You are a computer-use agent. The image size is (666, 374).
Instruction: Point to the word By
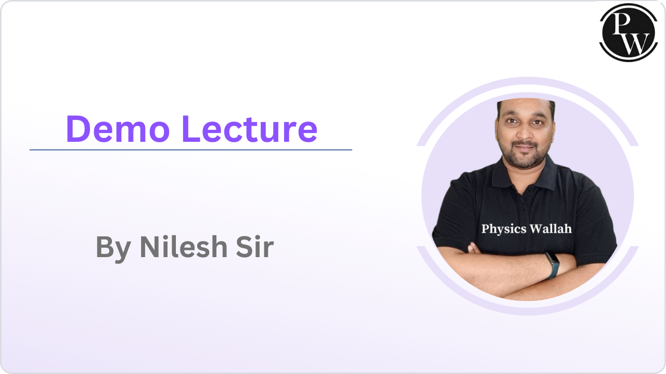pyautogui.click(x=113, y=248)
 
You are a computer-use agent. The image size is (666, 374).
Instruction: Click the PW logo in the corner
pyautogui.click(x=629, y=31)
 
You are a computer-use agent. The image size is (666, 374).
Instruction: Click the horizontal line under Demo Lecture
pyautogui.click(x=190, y=150)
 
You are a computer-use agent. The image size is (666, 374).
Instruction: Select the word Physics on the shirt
pyautogui.click(x=501, y=229)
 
